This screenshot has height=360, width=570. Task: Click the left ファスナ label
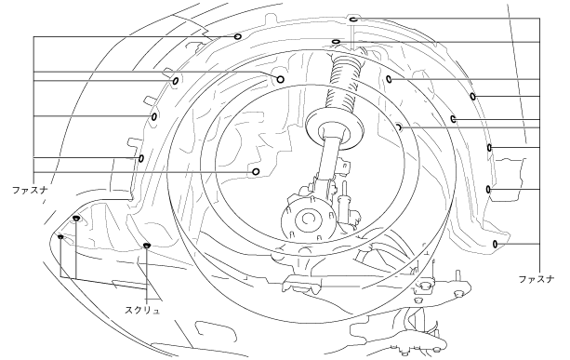[30, 190]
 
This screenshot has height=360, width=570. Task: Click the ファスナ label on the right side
[537, 279]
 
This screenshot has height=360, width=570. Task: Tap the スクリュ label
[142, 310]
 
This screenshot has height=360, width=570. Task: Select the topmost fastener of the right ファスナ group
[353, 19]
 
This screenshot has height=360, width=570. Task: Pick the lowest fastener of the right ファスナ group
[495, 244]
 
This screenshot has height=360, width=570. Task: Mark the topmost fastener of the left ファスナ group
[237, 36]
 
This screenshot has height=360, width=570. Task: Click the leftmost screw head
[60, 236]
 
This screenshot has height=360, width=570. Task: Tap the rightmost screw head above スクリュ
[147, 245]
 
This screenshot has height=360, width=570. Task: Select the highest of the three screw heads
[76, 219]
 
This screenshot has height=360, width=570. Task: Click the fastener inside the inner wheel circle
[256, 172]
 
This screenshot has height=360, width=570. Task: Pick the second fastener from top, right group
[336, 42]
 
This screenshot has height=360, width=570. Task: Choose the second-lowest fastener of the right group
[488, 190]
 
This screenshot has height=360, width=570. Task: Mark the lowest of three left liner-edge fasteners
[141, 158]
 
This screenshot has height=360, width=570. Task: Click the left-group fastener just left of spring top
[280, 79]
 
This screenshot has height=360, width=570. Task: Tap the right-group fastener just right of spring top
[389, 79]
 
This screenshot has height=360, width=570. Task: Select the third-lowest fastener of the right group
[489, 148]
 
